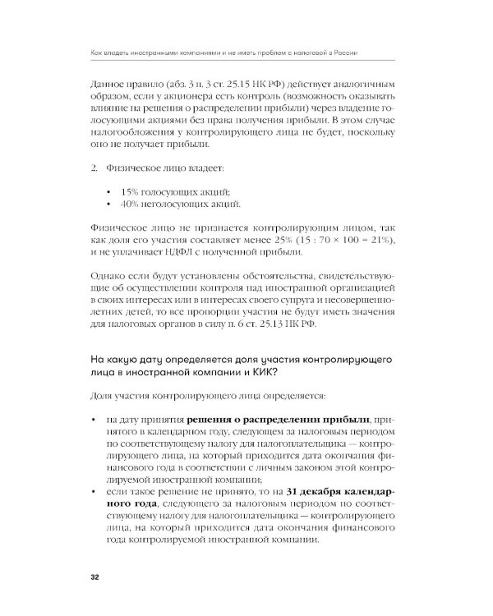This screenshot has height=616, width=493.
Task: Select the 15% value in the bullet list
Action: pos(131,192)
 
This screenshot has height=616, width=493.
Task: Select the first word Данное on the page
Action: pos(109,85)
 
